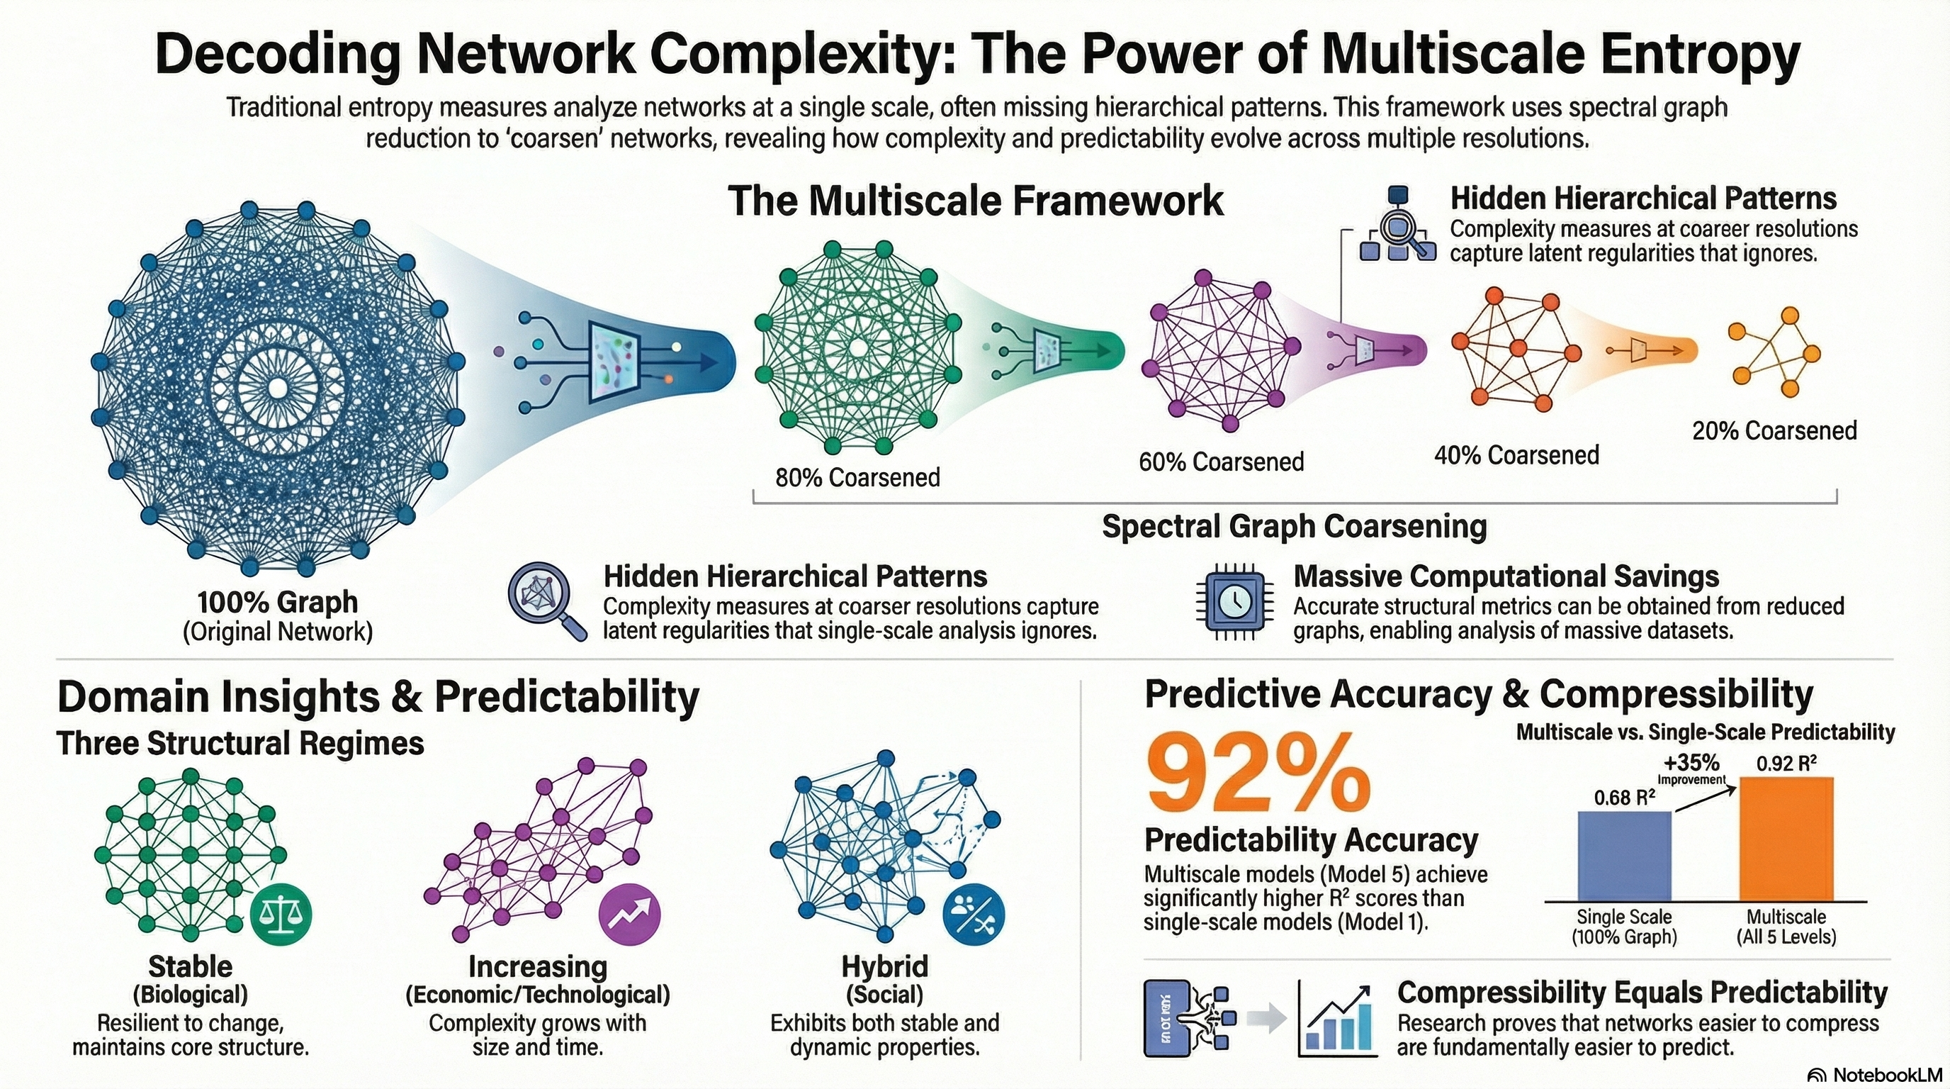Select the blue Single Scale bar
tap(1624, 856)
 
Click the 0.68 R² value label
tap(1624, 797)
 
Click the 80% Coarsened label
tap(857, 477)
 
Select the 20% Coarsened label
tap(1774, 431)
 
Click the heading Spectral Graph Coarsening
tap(1295, 526)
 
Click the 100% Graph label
tap(278, 603)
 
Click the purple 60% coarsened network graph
tap(1220, 350)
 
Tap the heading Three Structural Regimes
tap(240, 743)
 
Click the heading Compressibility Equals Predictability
tap(1642, 992)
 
